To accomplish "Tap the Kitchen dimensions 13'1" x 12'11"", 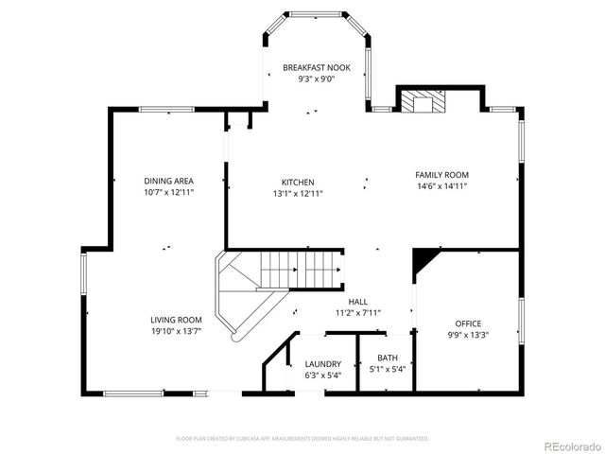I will click(298, 193).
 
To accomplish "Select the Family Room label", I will click(441, 175).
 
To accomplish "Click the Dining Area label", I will click(169, 181).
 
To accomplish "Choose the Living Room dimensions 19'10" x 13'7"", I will click(176, 331).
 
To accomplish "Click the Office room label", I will click(468, 323).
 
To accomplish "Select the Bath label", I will click(387, 358).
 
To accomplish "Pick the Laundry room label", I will click(322, 364).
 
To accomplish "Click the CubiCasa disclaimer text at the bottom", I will click(302, 439).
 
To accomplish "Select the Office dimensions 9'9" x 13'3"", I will click(468, 335).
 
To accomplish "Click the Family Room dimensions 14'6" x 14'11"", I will click(441, 186).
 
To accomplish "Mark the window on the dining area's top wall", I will click(167, 110).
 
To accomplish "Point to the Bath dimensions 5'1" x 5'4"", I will click(387, 369).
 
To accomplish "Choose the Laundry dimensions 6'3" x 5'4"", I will click(322, 375).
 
